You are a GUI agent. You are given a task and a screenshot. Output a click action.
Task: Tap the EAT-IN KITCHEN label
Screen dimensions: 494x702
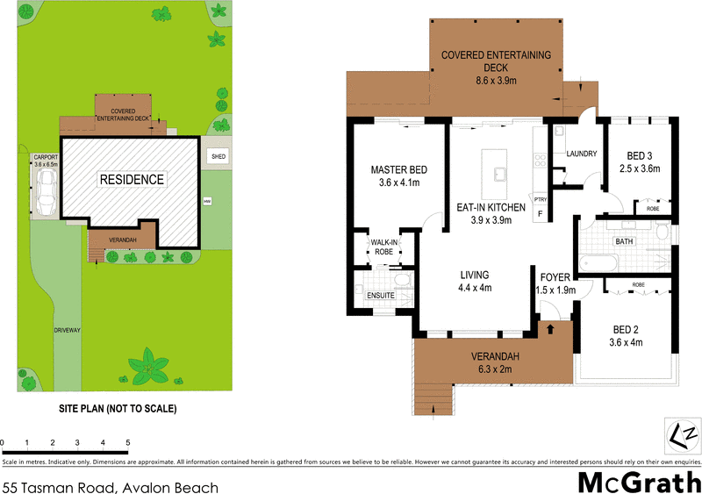pyautogui.click(x=491, y=208)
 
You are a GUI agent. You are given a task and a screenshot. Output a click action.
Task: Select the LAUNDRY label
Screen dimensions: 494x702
pyautogui.click(x=582, y=154)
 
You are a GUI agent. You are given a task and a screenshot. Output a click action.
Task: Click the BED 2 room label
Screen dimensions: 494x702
pyautogui.click(x=627, y=330)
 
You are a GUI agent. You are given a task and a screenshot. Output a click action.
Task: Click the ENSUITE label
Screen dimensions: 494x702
pyautogui.click(x=380, y=296)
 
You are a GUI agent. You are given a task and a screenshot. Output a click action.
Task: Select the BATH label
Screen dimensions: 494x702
pyautogui.click(x=624, y=240)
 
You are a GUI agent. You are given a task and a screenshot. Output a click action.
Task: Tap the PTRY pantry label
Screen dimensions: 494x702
pyautogui.click(x=540, y=199)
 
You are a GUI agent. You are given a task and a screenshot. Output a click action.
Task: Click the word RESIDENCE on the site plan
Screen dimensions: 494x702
pyautogui.click(x=132, y=179)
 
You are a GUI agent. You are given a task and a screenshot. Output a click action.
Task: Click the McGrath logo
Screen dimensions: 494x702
pyautogui.click(x=638, y=481)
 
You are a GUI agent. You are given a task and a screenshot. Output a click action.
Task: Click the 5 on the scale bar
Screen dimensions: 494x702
pyautogui.click(x=128, y=443)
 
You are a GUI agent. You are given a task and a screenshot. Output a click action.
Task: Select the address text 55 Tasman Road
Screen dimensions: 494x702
pyautogui.click(x=110, y=487)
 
